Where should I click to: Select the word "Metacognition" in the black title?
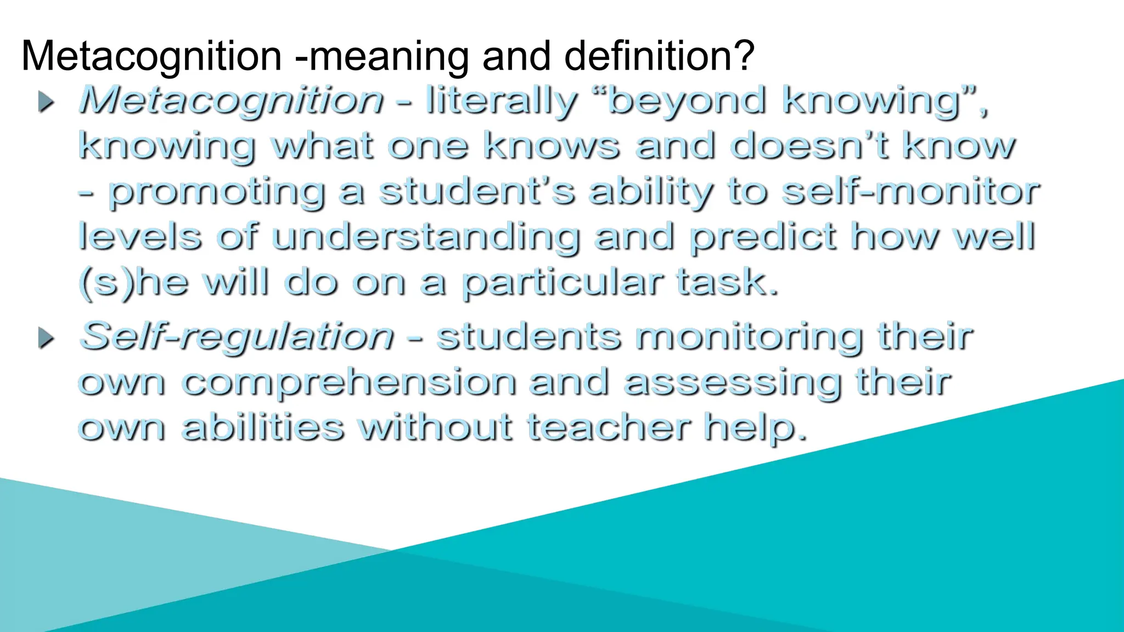(x=151, y=56)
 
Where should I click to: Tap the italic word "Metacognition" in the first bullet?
(x=231, y=101)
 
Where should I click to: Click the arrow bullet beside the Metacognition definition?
(x=47, y=102)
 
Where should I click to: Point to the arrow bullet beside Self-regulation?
(x=47, y=338)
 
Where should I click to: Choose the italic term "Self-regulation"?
(x=237, y=336)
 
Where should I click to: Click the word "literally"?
(x=501, y=101)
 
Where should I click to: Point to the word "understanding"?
(x=425, y=238)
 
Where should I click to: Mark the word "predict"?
(x=763, y=238)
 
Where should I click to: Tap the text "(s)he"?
(x=133, y=283)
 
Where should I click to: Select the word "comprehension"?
(x=349, y=383)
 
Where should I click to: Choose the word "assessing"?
(x=733, y=383)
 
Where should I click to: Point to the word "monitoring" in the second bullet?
(x=749, y=337)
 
